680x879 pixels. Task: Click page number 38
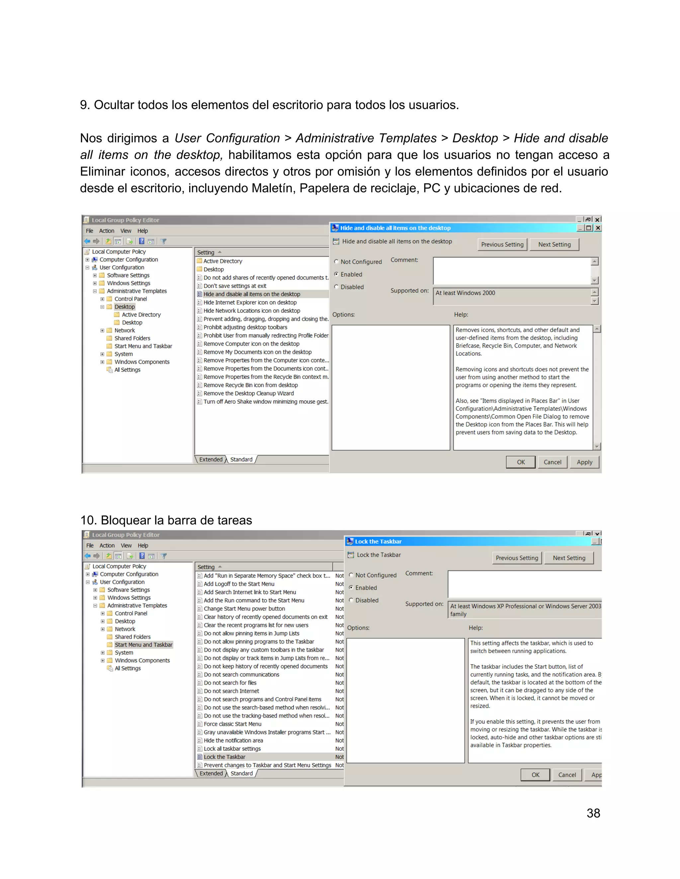[593, 813]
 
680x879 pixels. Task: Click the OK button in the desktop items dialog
[521, 462]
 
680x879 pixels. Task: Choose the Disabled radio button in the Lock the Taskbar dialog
[351, 600]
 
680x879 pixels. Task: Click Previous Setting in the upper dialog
[502, 244]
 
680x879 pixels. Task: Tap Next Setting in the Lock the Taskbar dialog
[569, 558]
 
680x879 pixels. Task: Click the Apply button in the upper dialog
[584, 462]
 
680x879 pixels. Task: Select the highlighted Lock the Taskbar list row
[224, 757]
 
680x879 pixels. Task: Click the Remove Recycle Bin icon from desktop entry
[251, 385]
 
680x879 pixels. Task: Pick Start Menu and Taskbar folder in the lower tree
[143, 645]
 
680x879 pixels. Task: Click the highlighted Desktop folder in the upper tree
[125, 307]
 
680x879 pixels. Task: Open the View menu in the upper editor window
[126, 231]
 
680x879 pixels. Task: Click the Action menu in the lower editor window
[107, 545]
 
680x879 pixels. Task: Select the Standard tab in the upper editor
[241, 459]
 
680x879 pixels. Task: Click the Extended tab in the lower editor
[211, 773]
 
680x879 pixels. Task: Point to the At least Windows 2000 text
[465, 293]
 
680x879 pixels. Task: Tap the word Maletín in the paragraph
[272, 188]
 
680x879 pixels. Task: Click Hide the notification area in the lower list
[233, 740]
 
